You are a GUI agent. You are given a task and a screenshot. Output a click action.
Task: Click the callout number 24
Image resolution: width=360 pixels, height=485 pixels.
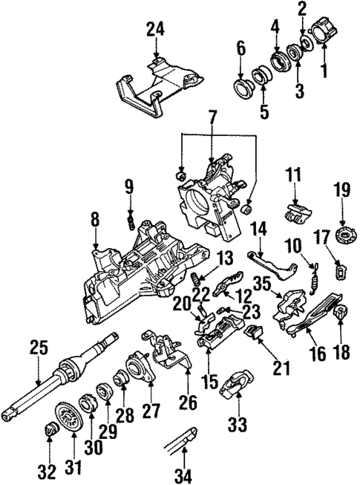(155, 31)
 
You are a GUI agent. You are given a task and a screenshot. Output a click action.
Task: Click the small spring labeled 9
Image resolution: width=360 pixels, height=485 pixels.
(130, 221)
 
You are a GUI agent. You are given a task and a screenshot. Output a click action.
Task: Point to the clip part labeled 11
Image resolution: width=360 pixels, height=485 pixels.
(295, 212)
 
